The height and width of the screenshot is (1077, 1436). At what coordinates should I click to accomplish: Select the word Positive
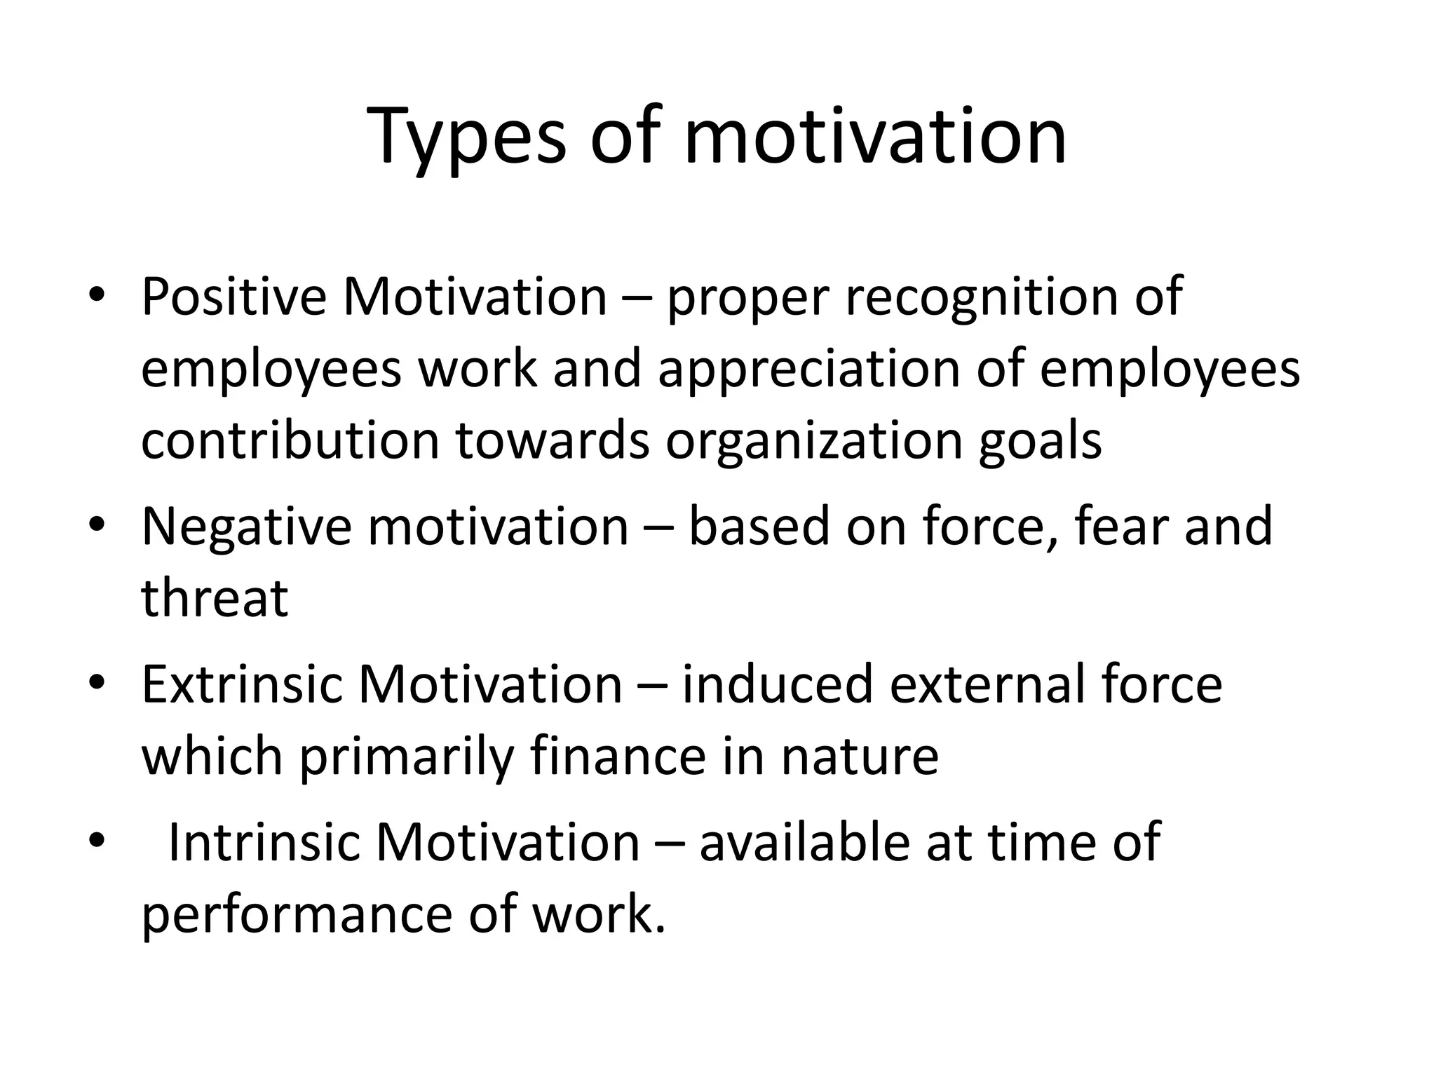(233, 297)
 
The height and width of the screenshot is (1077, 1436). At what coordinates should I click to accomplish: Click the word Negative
(246, 527)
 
